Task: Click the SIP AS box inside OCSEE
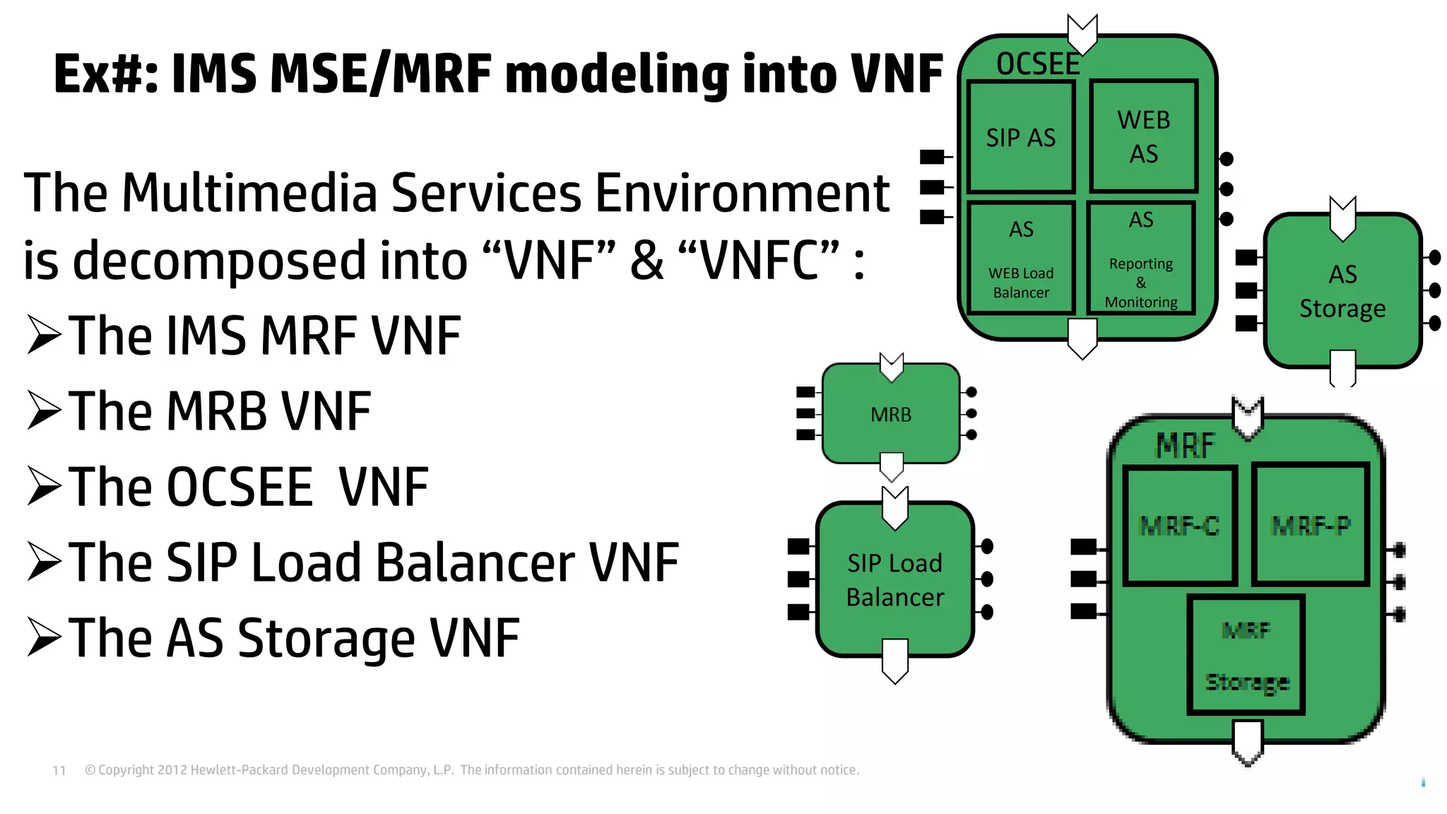[1020, 137]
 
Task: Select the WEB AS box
[1143, 136]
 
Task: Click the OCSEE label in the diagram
[1037, 64]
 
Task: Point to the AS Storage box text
[1342, 291]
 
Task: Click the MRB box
[890, 414]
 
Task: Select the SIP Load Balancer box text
[894, 579]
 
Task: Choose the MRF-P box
[1310, 525]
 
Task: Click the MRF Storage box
[1246, 656]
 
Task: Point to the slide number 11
[59, 770]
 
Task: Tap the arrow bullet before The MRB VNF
[45, 411]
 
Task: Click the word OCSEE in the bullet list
[240, 487]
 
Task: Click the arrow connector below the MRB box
[892, 467]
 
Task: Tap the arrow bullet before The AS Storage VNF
[45, 637]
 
